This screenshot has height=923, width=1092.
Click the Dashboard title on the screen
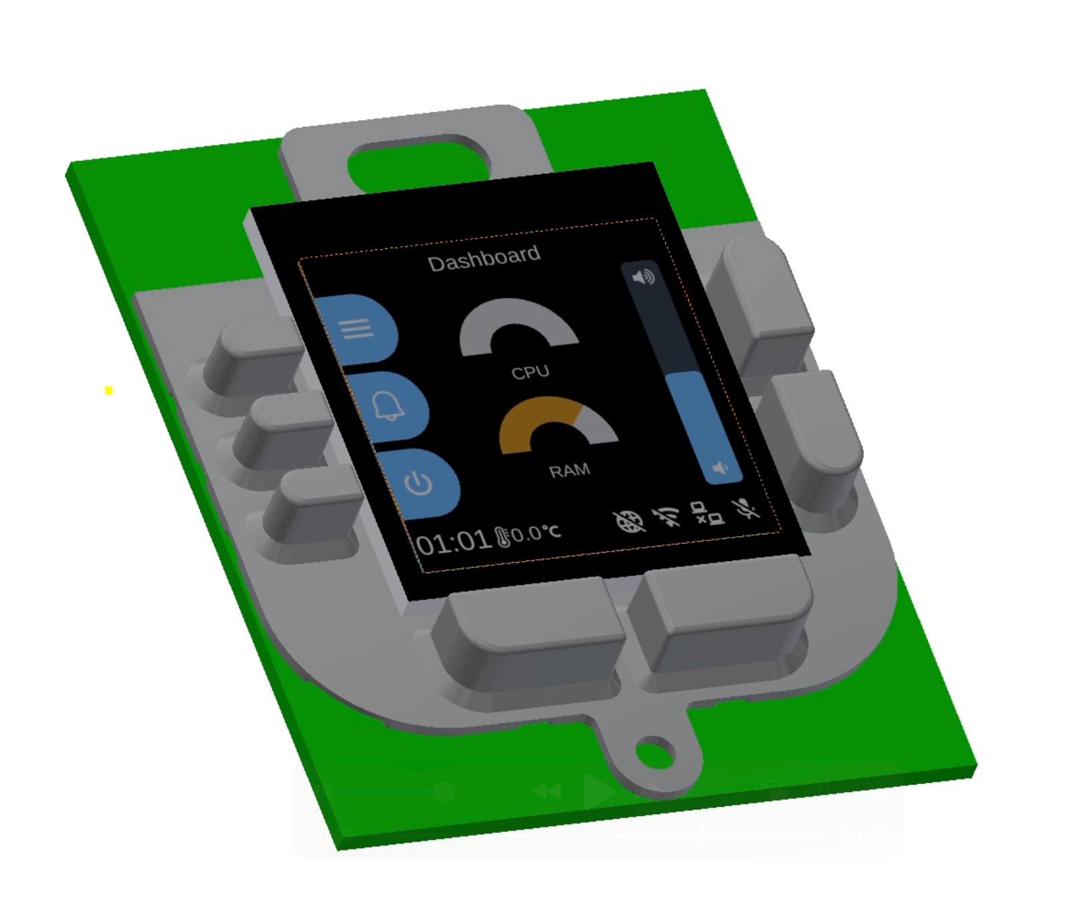(x=484, y=258)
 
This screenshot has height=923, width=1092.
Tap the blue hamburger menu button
(x=356, y=329)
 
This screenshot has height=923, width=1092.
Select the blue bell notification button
(x=388, y=406)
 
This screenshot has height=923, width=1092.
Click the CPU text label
(x=530, y=372)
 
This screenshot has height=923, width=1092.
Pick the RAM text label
(x=569, y=471)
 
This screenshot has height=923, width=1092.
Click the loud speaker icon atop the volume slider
(x=643, y=276)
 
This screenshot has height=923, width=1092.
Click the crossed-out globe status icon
(x=629, y=522)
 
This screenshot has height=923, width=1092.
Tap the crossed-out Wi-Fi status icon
(x=667, y=516)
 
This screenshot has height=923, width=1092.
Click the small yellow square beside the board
(x=109, y=390)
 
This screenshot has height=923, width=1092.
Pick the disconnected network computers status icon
(x=708, y=513)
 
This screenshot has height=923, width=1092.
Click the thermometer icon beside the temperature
(x=502, y=537)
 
